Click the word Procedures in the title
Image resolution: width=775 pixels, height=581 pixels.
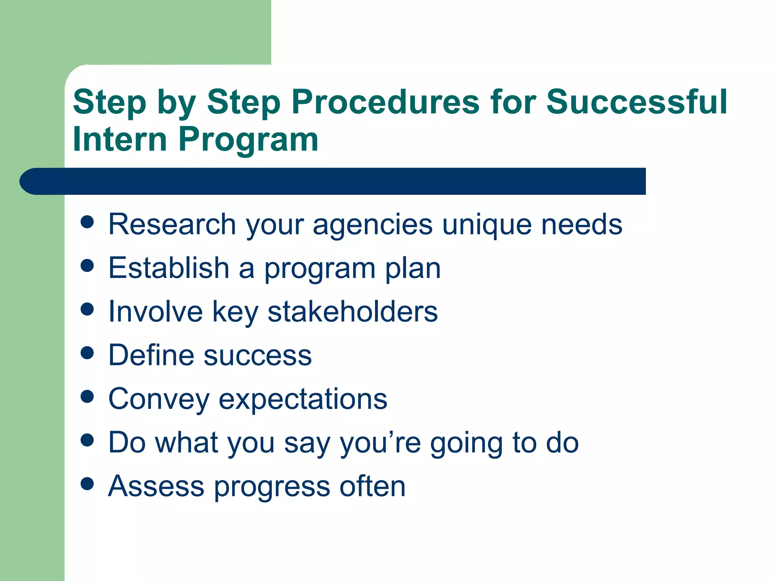385,102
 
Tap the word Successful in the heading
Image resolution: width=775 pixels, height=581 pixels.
636,102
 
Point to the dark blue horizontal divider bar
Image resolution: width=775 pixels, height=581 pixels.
333,181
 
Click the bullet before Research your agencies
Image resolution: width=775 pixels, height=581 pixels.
87,222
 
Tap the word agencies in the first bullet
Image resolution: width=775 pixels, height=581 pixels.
372,225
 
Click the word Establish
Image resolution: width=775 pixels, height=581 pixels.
169,268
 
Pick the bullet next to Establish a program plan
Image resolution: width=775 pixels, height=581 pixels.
87,266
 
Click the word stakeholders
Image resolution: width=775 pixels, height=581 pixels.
352,311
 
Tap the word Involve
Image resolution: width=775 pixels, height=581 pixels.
156,311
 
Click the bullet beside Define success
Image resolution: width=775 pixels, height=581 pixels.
87,353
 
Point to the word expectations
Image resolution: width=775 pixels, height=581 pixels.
303,399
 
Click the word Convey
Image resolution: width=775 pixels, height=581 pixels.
159,399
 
